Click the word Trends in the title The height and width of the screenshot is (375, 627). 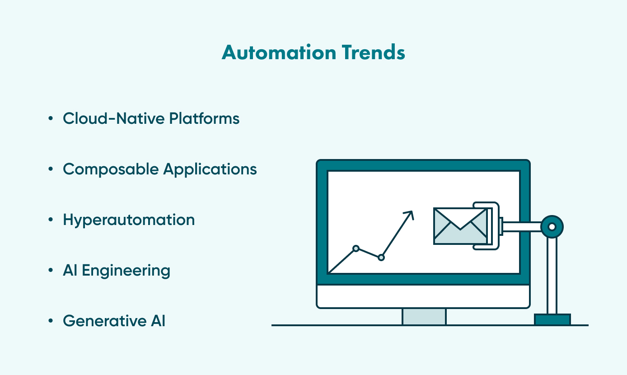(373, 53)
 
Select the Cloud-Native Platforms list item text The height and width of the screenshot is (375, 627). (151, 118)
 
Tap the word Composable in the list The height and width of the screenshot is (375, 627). (111, 169)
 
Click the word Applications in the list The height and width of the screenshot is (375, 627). (210, 169)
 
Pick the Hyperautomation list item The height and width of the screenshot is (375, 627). (129, 220)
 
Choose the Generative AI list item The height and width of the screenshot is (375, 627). (114, 321)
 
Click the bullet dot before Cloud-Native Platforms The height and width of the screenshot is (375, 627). (50, 119)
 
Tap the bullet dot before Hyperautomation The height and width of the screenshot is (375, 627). (50, 220)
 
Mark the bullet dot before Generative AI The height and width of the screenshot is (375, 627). (50, 321)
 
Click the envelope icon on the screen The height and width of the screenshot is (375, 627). (460, 226)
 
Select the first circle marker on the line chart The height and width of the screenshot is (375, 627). (356, 248)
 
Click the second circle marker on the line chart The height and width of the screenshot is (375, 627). (381, 257)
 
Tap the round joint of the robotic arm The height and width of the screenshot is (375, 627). (552, 226)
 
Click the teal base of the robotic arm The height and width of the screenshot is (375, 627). (552, 319)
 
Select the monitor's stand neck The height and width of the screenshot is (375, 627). (424, 316)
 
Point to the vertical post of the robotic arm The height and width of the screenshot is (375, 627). (552, 276)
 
